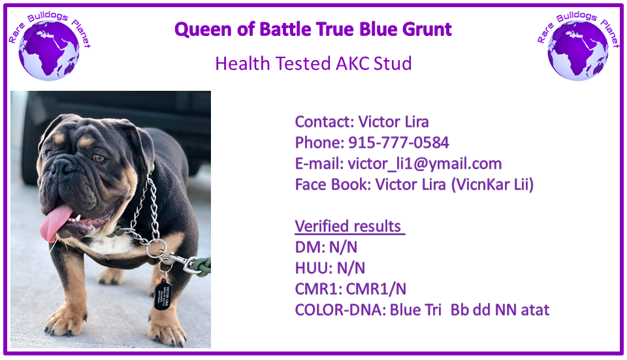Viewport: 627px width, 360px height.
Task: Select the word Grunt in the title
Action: click(426, 29)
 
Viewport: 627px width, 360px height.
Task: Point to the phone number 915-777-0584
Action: click(398, 143)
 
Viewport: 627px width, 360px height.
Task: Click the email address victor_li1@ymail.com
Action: click(425, 164)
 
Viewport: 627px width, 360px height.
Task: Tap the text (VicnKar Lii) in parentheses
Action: click(492, 185)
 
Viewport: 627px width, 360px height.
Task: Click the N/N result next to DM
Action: click(343, 248)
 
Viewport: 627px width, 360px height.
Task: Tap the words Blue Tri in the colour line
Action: click(415, 310)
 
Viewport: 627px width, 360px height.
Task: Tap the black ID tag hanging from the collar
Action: click(163, 295)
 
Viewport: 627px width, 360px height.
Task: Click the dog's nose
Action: click(61, 166)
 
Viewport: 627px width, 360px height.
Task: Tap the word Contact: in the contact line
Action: click(325, 122)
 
